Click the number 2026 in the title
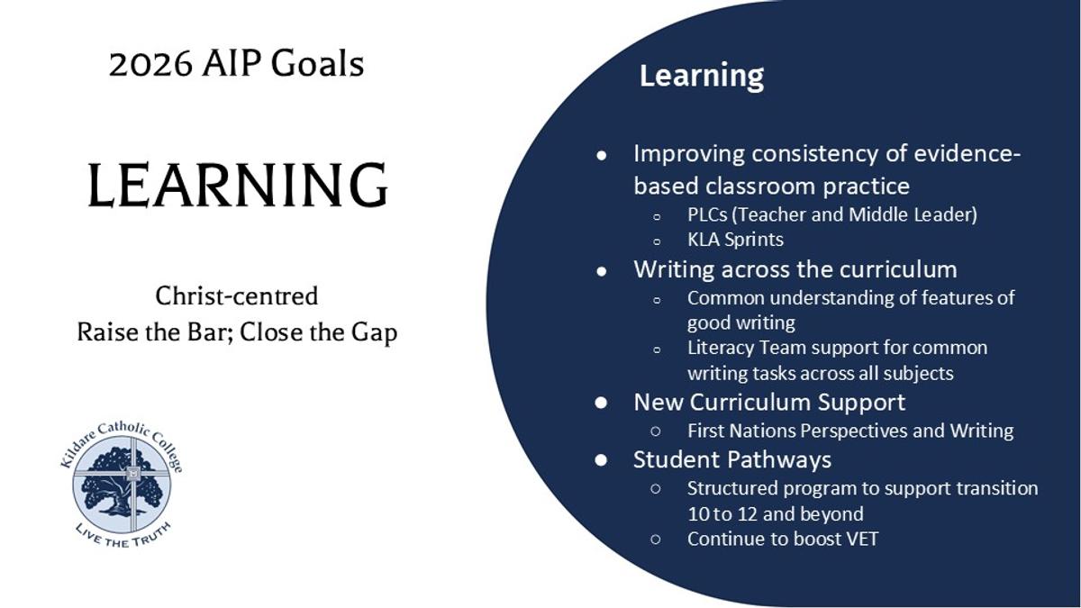click(x=150, y=65)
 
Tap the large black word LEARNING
click(x=238, y=186)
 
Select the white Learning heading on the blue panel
click(x=702, y=77)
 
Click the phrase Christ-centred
click(x=236, y=295)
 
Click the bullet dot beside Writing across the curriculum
click(x=602, y=271)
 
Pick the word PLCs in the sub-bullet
click(x=707, y=214)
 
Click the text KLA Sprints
click(x=735, y=240)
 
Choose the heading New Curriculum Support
click(x=769, y=402)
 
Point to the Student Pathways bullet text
click(x=732, y=460)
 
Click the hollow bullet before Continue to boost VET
click(x=656, y=540)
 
